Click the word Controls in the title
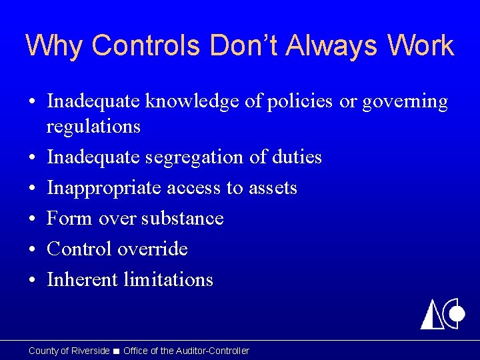click(147, 46)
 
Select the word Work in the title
click(420, 46)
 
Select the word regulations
click(93, 126)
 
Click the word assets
click(272, 188)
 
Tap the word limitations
click(168, 280)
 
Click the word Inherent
click(82, 280)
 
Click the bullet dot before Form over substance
click(32, 219)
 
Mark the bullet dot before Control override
click(32, 250)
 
